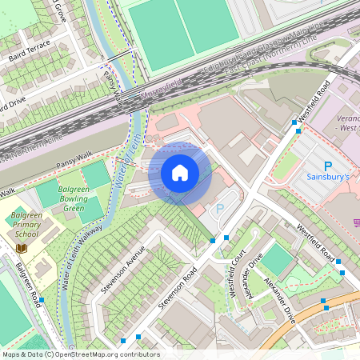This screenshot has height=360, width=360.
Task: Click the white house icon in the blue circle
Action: (180, 172)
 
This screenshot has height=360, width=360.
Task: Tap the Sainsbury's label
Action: (328, 176)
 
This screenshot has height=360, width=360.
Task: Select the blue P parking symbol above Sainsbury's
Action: (327, 164)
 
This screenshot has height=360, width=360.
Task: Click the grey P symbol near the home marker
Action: (221, 209)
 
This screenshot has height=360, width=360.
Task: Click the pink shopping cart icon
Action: (354, 223)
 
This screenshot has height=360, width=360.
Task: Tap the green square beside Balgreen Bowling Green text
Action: (95, 174)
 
